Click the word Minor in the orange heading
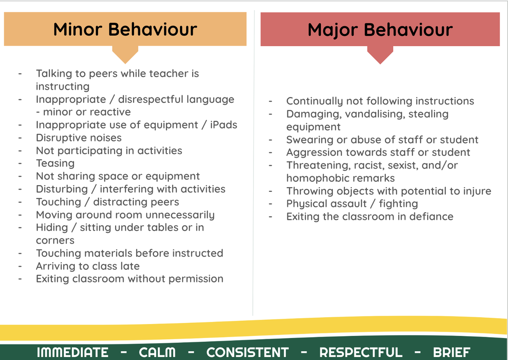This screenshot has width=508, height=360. pyautogui.click(x=78, y=30)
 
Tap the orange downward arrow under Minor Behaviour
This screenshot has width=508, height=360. pyautogui.click(x=125, y=55)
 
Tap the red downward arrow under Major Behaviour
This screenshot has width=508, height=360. pyautogui.click(x=380, y=55)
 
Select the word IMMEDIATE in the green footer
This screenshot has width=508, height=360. pyautogui.click(x=72, y=352)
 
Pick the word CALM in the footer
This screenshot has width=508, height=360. pyautogui.click(x=157, y=352)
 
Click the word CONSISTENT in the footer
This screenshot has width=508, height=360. pyautogui.click(x=247, y=352)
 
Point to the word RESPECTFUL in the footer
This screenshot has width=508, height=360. pyautogui.click(x=361, y=352)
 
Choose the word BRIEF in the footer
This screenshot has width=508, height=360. pyautogui.click(x=452, y=352)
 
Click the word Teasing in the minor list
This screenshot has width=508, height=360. pyautogui.click(x=55, y=164)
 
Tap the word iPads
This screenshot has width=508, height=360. pyautogui.click(x=224, y=125)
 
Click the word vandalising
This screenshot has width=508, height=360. pyautogui.click(x=375, y=114)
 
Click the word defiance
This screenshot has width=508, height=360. pyautogui.click(x=431, y=216)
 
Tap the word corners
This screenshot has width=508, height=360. pyautogui.click(x=55, y=241)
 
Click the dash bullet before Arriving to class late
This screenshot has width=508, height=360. pyautogui.click(x=20, y=266)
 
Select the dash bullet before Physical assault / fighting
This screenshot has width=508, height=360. pyautogui.click(x=271, y=204)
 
